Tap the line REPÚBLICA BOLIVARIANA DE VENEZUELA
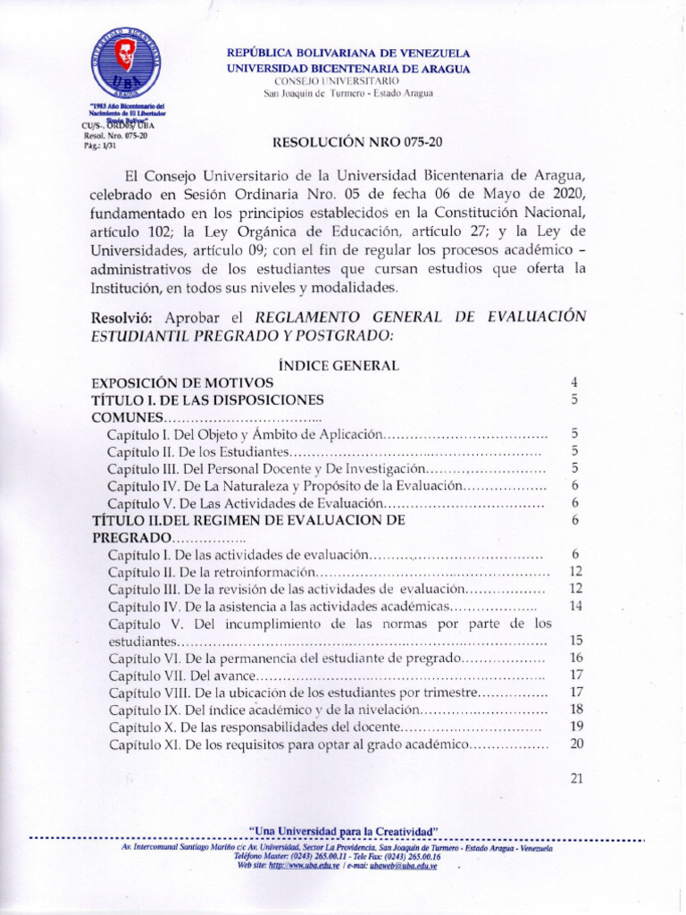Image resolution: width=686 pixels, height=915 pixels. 348,54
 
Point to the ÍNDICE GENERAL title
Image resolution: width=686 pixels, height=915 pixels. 339,365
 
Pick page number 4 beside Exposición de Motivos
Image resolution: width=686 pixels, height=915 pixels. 575,382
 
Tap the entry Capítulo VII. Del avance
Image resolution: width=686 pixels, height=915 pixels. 182,675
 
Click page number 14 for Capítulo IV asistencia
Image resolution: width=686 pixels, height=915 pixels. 575,606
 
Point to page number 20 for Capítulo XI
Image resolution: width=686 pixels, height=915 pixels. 576,743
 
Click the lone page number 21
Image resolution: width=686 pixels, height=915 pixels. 576,778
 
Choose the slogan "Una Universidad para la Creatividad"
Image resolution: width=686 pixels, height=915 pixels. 343,832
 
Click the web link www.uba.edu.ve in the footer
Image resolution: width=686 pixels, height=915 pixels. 304,865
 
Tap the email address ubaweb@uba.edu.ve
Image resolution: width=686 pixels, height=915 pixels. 403,865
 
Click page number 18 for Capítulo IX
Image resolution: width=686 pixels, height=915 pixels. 576,709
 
